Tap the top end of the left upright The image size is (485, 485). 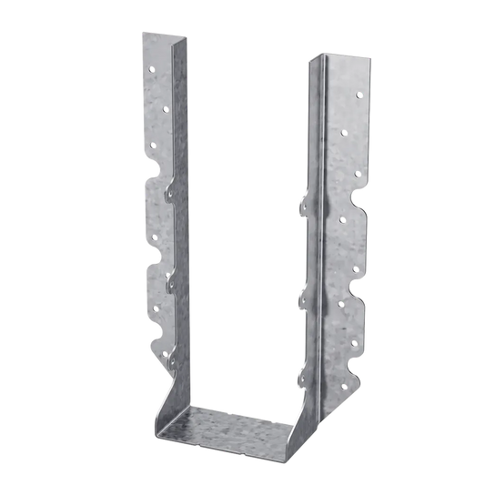point(168,36)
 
